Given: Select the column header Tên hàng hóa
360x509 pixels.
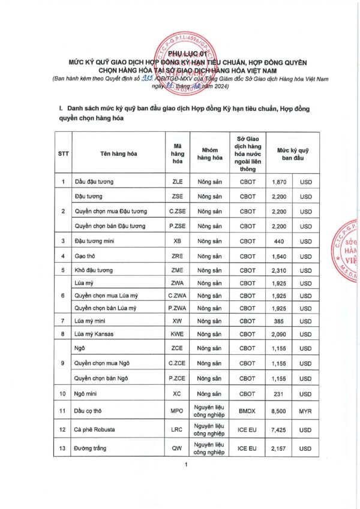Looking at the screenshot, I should (119, 153).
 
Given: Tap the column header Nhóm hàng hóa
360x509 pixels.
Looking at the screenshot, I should (209, 153).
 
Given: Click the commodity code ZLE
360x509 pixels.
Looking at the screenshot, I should (177, 181).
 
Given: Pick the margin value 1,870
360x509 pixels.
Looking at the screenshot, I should (279, 181).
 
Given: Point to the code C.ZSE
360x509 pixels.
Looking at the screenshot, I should (177, 211).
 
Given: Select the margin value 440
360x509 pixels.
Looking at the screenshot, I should (279, 241).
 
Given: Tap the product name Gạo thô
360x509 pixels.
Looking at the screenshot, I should (86, 256).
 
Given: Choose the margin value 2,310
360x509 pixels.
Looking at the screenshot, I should (279, 270).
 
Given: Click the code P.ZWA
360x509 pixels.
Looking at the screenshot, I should (177, 308).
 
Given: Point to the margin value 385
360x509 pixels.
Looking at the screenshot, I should (279, 321).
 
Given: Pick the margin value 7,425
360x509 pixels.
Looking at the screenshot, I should (279, 430).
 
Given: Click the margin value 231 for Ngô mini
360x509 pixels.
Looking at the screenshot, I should (279, 393).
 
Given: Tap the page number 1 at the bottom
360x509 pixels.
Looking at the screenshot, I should (187, 466).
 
